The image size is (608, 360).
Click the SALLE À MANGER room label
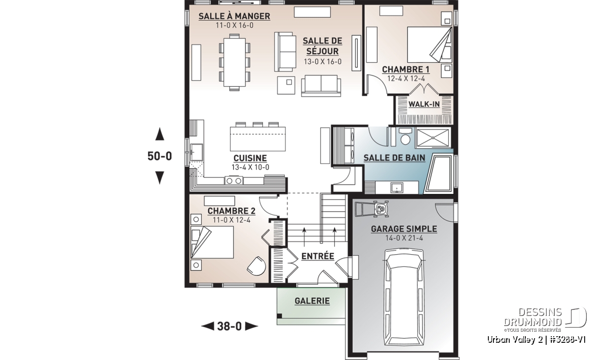pos(234,16)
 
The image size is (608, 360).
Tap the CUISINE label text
pos(250,158)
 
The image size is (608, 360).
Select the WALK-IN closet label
pos(424,104)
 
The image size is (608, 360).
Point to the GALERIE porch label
pos(312,301)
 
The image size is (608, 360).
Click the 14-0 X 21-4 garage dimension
pos(404,238)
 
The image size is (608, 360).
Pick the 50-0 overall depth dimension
pos(160,156)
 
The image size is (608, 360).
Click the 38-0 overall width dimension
pos(230,327)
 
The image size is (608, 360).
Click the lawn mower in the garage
pos(372,209)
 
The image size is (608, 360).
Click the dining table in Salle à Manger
pos(235,62)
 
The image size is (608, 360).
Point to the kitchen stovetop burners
pos(234,180)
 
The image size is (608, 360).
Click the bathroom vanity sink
pos(397,187)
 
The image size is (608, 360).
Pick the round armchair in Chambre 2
pos(256,266)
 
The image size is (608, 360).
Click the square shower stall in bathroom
pos(433,138)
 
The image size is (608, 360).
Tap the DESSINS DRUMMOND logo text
pos(533,317)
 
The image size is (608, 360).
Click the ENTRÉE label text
pos(318,256)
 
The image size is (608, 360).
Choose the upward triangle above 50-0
pos(160,134)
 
